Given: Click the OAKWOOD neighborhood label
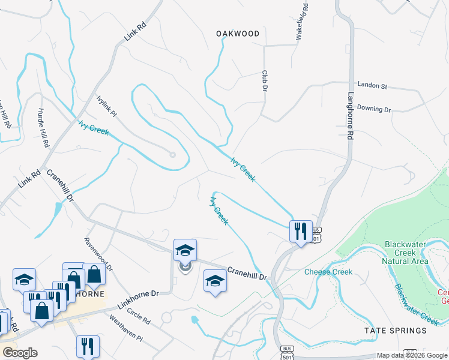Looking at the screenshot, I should (x=238, y=34).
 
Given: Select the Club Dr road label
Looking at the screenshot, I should (x=264, y=80).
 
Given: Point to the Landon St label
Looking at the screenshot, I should (x=372, y=86).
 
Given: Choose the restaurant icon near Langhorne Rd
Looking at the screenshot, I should (x=299, y=230).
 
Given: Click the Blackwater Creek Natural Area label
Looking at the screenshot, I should (x=406, y=253).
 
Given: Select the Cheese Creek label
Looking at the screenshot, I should (x=328, y=272).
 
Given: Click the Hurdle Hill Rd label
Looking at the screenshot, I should (x=42, y=128).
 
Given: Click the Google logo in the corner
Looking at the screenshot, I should (x=20, y=353).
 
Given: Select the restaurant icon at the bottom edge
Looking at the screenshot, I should (x=88, y=346).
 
